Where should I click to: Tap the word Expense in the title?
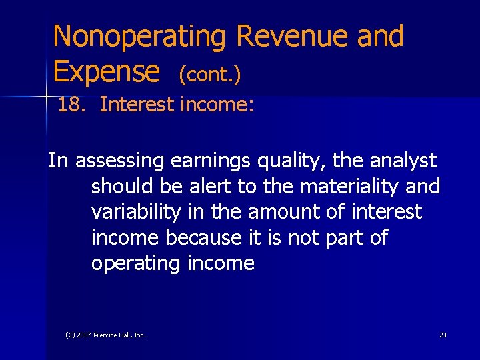[106, 71]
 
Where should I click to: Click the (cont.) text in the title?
[209, 75]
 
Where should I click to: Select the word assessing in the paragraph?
[121, 161]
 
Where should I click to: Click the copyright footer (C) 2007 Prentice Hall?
[105, 335]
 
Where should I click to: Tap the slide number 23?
[443, 335]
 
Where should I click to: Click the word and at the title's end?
[380, 37]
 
